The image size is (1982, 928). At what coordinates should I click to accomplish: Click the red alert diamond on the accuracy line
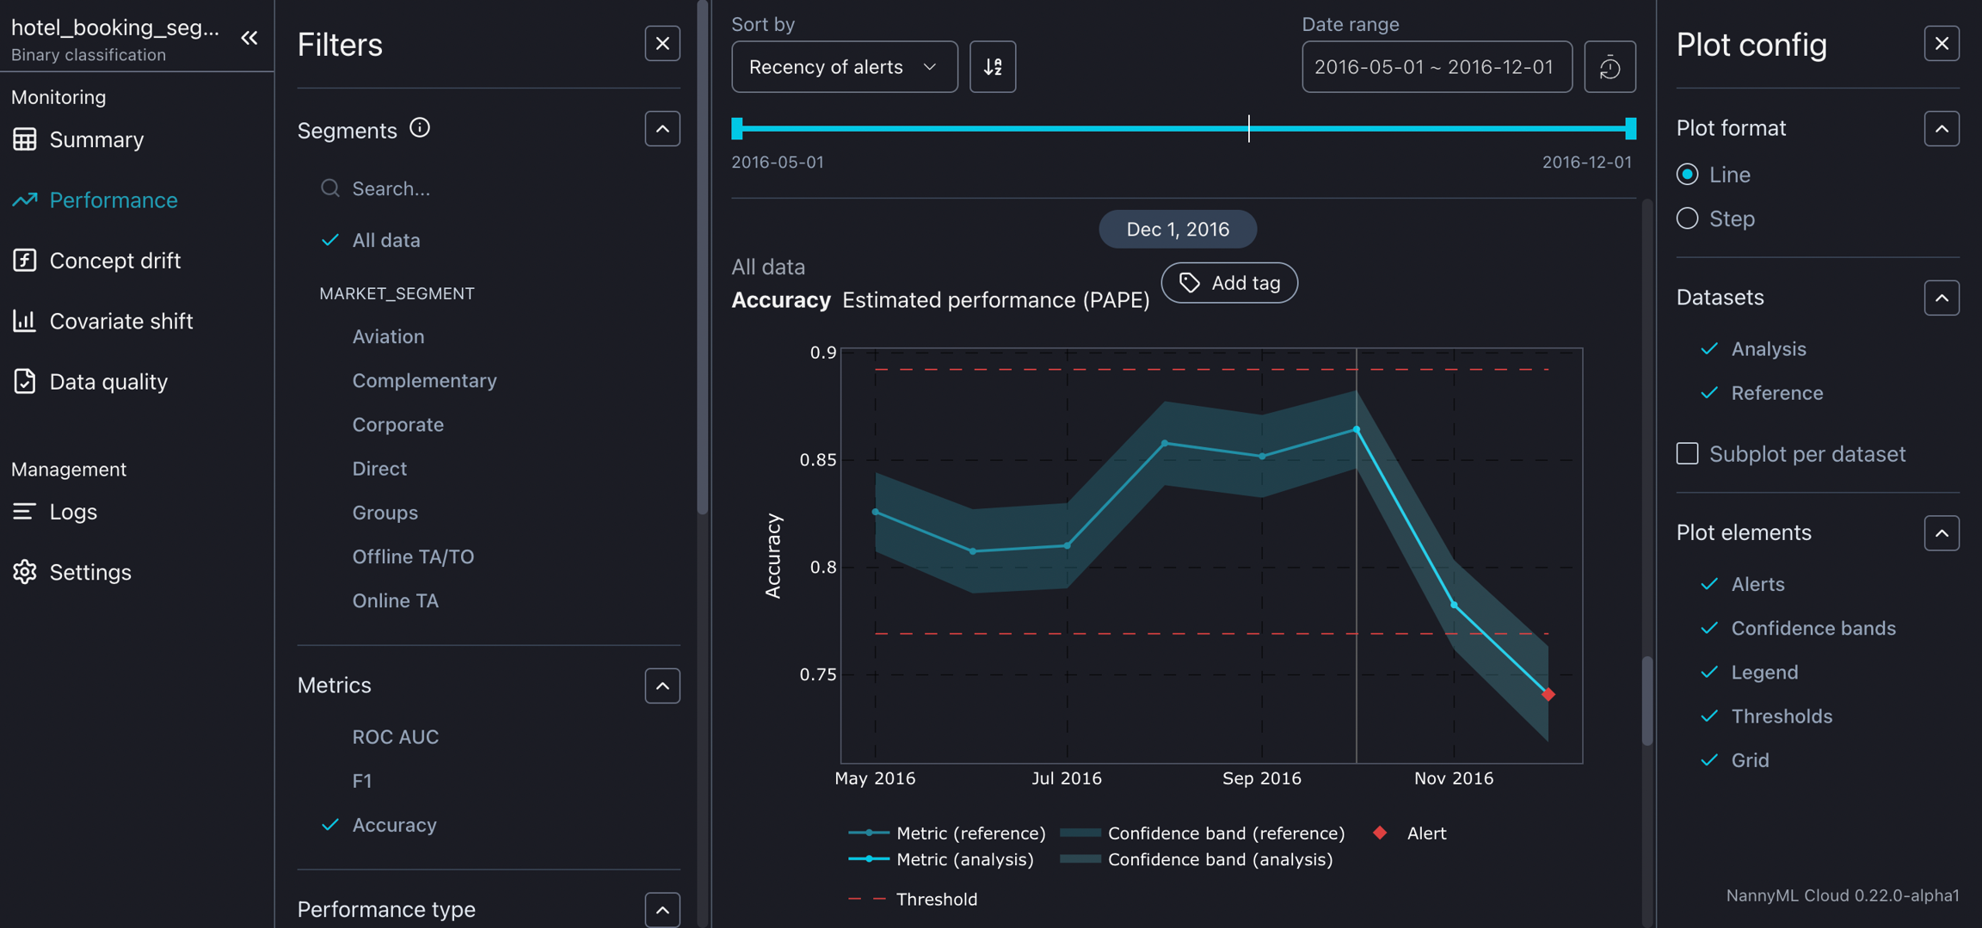[1548, 694]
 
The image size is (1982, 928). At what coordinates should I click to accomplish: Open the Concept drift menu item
[114, 261]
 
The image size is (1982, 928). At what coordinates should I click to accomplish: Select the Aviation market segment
[388, 336]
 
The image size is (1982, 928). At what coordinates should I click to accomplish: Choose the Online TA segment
[395, 600]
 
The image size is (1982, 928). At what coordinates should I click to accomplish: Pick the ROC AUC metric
[395, 737]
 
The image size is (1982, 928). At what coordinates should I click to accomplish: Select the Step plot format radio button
[1688, 218]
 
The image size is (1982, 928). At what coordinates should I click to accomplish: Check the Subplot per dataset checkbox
[1688, 453]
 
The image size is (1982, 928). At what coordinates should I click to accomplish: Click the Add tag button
[1229, 283]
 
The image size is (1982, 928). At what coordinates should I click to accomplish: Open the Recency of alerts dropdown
[844, 67]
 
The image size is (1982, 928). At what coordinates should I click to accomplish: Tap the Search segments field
[482, 188]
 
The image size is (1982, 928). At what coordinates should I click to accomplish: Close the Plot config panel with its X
[1942, 44]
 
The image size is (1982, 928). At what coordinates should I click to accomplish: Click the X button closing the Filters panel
[662, 44]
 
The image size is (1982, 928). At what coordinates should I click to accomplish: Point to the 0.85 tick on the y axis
[818, 460]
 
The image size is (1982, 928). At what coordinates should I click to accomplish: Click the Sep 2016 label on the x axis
[1261, 778]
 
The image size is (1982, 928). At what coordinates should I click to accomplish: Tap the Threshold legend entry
[936, 899]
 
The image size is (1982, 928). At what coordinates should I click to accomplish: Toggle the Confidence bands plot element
[1813, 628]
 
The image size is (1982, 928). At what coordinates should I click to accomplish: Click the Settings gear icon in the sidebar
[25, 572]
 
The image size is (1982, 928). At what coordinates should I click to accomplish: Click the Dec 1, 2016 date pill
[1178, 230]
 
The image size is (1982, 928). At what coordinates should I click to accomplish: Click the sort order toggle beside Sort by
[993, 67]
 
